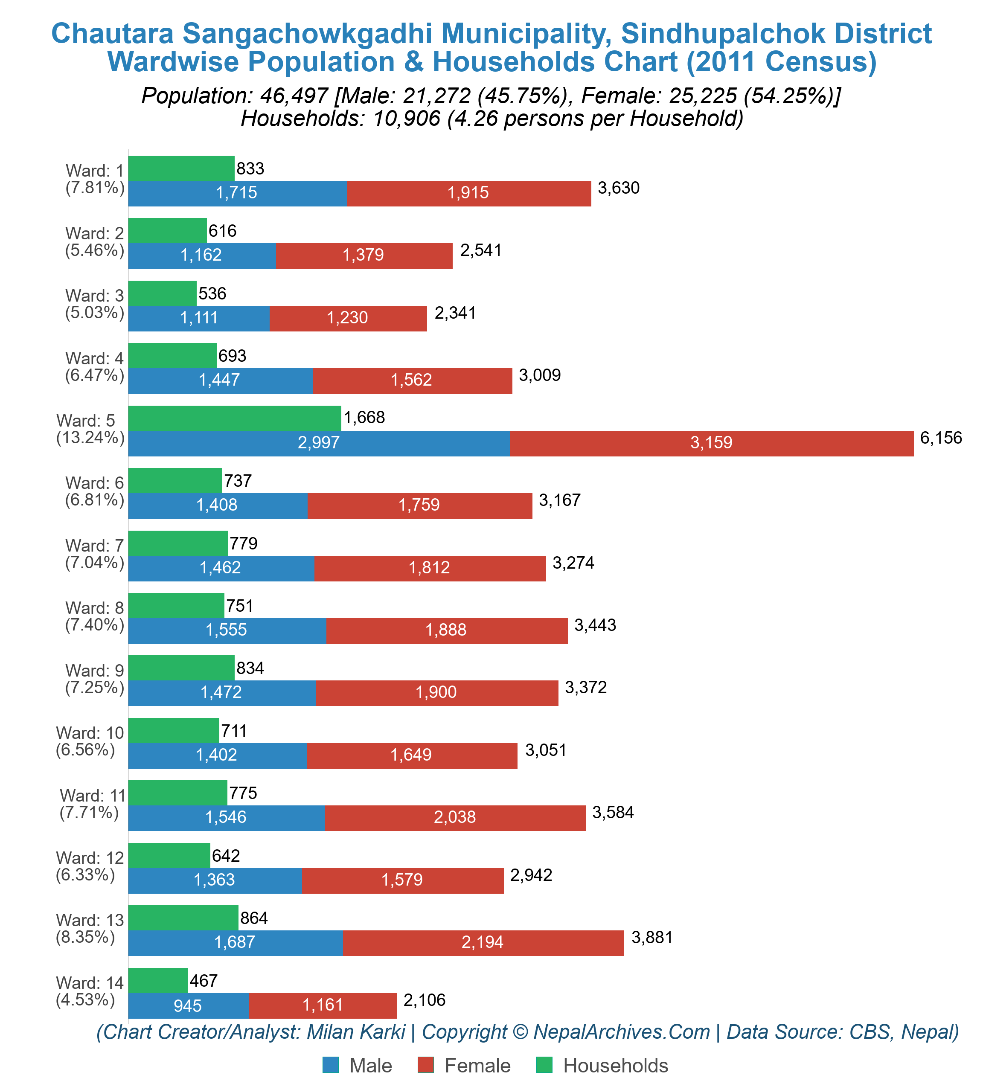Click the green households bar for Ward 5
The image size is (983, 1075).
click(x=235, y=418)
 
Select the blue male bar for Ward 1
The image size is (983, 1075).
click(x=237, y=193)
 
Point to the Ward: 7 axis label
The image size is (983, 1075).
click(x=94, y=546)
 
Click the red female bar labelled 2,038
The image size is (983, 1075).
click(x=454, y=817)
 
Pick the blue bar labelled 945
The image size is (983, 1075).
click(x=188, y=1006)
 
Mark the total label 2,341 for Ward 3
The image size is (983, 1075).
click(x=455, y=313)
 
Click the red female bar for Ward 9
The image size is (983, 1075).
click(x=436, y=693)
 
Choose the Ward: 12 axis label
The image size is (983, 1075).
click(x=90, y=857)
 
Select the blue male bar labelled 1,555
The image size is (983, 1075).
click(x=227, y=630)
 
